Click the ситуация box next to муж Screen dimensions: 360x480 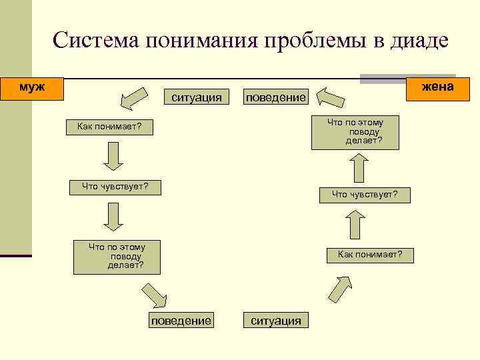pyautogui.click(x=197, y=97)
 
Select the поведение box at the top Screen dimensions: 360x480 pyautogui.click(x=275, y=97)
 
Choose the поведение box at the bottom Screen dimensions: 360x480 pyautogui.click(x=181, y=321)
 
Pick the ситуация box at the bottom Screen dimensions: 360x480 pyautogui.click(x=275, y=321)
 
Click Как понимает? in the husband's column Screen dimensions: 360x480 pyautogui.click(x=109, y=127)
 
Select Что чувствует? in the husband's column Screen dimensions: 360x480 pyautogui.click(x=115, y=187)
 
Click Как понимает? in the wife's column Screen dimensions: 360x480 pyautogui.click(x=370, y=255)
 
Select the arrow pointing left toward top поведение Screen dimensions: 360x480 pyautogui.click(x=330, y=97)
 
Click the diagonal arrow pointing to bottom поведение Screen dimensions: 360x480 pyautogui.click(x=155, y=294)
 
